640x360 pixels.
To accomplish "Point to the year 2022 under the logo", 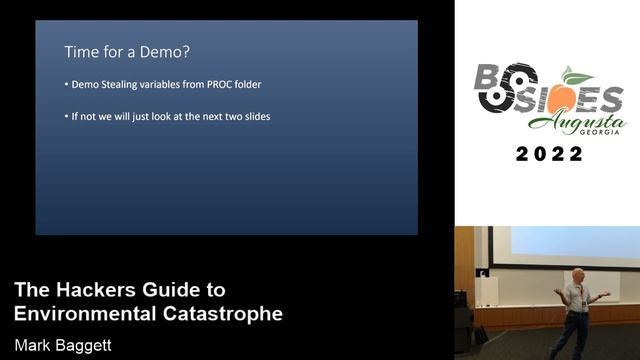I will pyautogui.click(x=549, y=155).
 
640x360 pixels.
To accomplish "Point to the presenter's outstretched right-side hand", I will pyautogui.click(x=605, y=294).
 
